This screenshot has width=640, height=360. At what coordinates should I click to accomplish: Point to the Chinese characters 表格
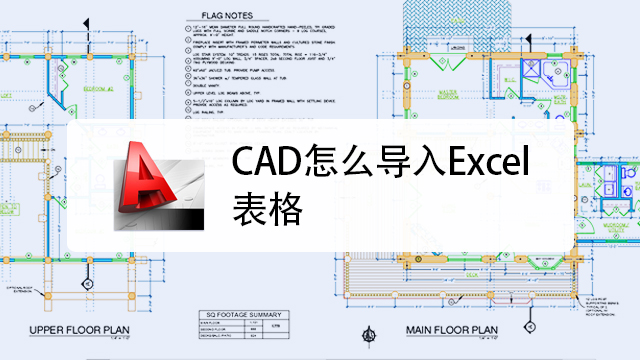(x=263, y=206)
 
